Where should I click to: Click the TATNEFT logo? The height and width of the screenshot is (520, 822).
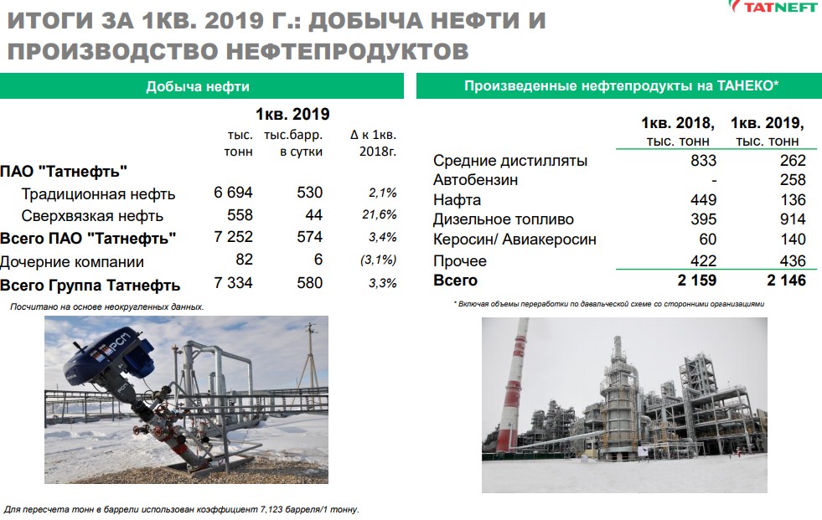(x=774, y=7)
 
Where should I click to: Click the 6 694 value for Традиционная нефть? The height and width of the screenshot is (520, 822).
(x=233, y=193)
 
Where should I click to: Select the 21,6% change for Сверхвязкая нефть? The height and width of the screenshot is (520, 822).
(x=379, y=214)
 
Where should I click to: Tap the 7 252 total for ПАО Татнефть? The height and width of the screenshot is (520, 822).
(x=233, y=237)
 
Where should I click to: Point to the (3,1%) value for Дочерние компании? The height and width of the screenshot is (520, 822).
(x=378, y=260)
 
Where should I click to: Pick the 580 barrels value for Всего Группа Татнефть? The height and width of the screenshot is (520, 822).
(x=309, y=283)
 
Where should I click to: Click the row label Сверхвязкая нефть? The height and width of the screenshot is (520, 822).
(x=92, y=216)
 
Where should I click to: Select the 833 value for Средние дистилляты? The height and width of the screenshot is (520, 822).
(x=704, y=160)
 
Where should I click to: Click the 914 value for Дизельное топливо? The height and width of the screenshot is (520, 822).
(x=793, y=219)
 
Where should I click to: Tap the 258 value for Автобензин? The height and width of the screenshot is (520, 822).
(x=793, y=180)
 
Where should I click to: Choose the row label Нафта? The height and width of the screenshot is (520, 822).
(x=458, y=200)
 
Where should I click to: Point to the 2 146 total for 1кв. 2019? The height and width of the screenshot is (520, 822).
(x=786, y=281)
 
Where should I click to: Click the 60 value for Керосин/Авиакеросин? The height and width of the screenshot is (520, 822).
(x=708, y=239)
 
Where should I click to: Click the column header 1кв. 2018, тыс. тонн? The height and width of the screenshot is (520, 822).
(x=678, y=131)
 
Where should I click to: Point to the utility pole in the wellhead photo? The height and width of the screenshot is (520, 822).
(x=312, y=356)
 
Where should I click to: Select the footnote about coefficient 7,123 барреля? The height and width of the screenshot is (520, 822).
(x=181, y=509)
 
